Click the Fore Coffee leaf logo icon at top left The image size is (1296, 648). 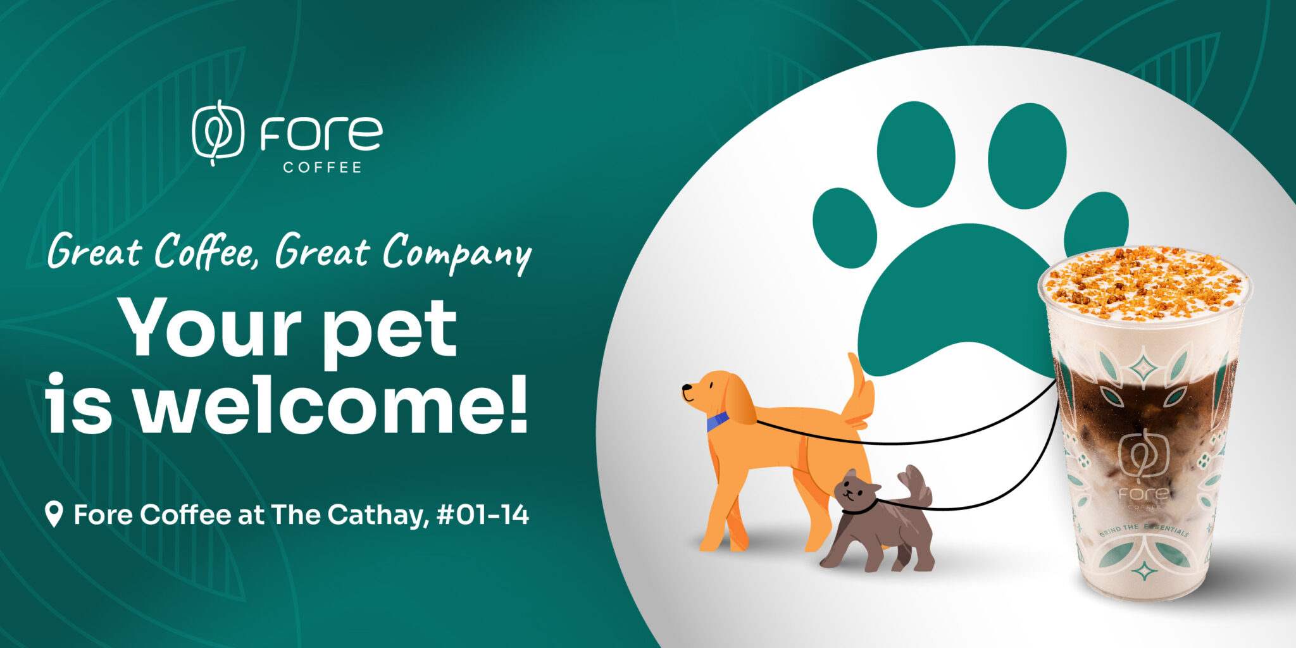218,132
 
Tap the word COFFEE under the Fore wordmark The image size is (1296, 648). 322,168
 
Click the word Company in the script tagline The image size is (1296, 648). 457,253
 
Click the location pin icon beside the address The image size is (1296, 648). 54,514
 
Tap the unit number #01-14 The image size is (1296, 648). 483,514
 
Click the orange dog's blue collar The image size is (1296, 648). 717,421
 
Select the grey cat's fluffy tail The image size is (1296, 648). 916,484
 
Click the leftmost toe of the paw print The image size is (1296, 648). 844,228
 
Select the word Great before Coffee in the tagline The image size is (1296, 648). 95,252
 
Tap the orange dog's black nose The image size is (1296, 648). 685,388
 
